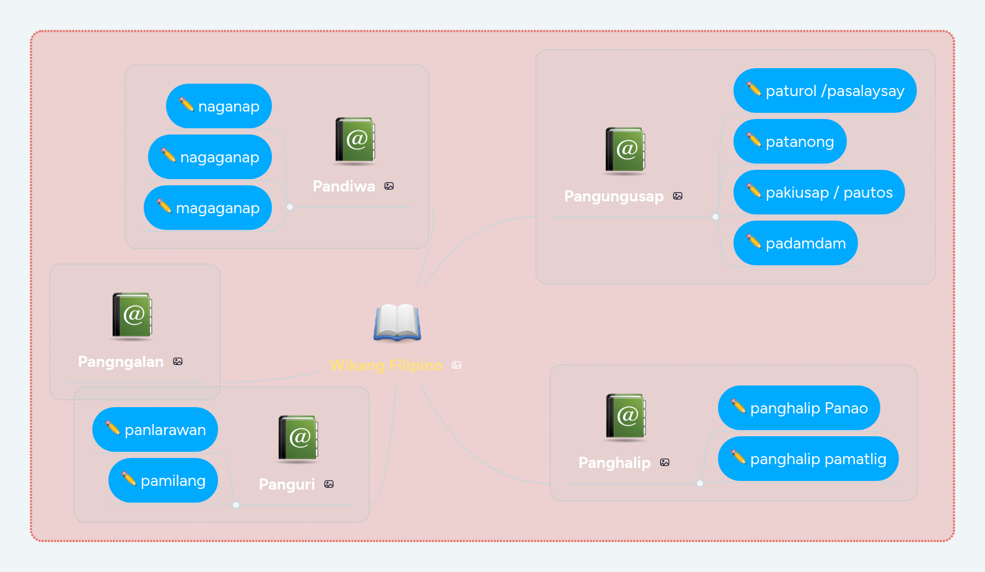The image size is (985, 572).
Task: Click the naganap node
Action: tap(219, 106)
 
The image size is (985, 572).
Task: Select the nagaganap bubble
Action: tap(210, 157)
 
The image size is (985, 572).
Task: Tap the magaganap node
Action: tap(208, 208)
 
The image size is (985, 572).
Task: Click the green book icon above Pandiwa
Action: tap(355, 140)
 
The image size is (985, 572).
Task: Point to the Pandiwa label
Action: tap(344, 186)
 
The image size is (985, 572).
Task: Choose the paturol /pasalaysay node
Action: tap(825, 90)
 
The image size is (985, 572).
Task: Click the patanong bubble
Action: tap(790, 141)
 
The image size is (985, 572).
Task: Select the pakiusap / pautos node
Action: tap(819, 192)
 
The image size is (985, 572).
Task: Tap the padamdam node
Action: tap(795, 243)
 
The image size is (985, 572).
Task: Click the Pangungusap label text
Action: tap(614, 196)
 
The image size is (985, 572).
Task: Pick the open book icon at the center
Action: tap(397, 322)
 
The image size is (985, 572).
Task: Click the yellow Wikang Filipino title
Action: tap(385, 365)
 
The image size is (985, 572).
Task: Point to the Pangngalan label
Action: tap(121, 361)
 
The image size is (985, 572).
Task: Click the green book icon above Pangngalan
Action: tap(132, 315)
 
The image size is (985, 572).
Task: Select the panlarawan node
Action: tap(155, 429)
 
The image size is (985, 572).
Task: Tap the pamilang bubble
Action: tap(163, 480)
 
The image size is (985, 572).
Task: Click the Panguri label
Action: tap(287, 484)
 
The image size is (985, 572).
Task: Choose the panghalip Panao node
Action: tap(799, 408)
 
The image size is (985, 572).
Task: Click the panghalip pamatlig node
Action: tap(808, 459)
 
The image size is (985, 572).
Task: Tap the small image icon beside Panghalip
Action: tap(665, 462)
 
